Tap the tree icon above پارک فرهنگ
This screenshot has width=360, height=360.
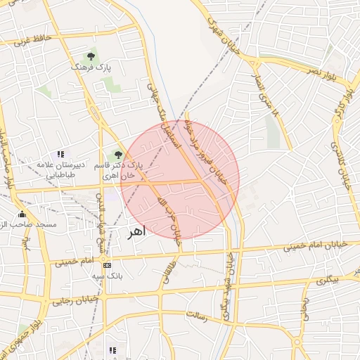click(x=91, y=56)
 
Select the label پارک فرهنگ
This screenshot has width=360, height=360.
click(x=91, y=67)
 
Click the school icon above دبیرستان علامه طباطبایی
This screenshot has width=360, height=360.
click(x=60, y=154)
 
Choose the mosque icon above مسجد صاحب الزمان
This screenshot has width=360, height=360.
click(x=22, y=214)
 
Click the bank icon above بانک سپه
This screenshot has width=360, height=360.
click(x=107, y=265)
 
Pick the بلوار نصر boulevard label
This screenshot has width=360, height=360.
click(x=320, y=71)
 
